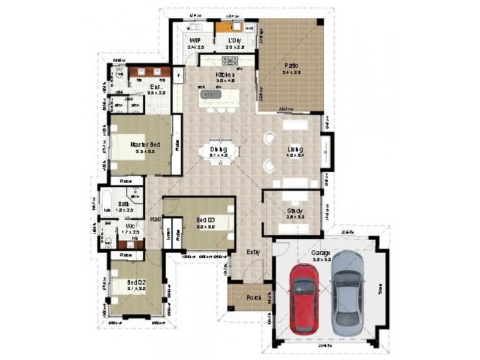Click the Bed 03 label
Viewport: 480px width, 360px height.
[205, 221]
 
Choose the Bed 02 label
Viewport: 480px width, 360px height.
[136, 282]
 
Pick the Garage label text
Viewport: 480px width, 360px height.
[320, 253]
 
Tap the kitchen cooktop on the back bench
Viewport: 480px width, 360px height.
[230, 61]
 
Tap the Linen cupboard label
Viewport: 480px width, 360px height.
[170, 232]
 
